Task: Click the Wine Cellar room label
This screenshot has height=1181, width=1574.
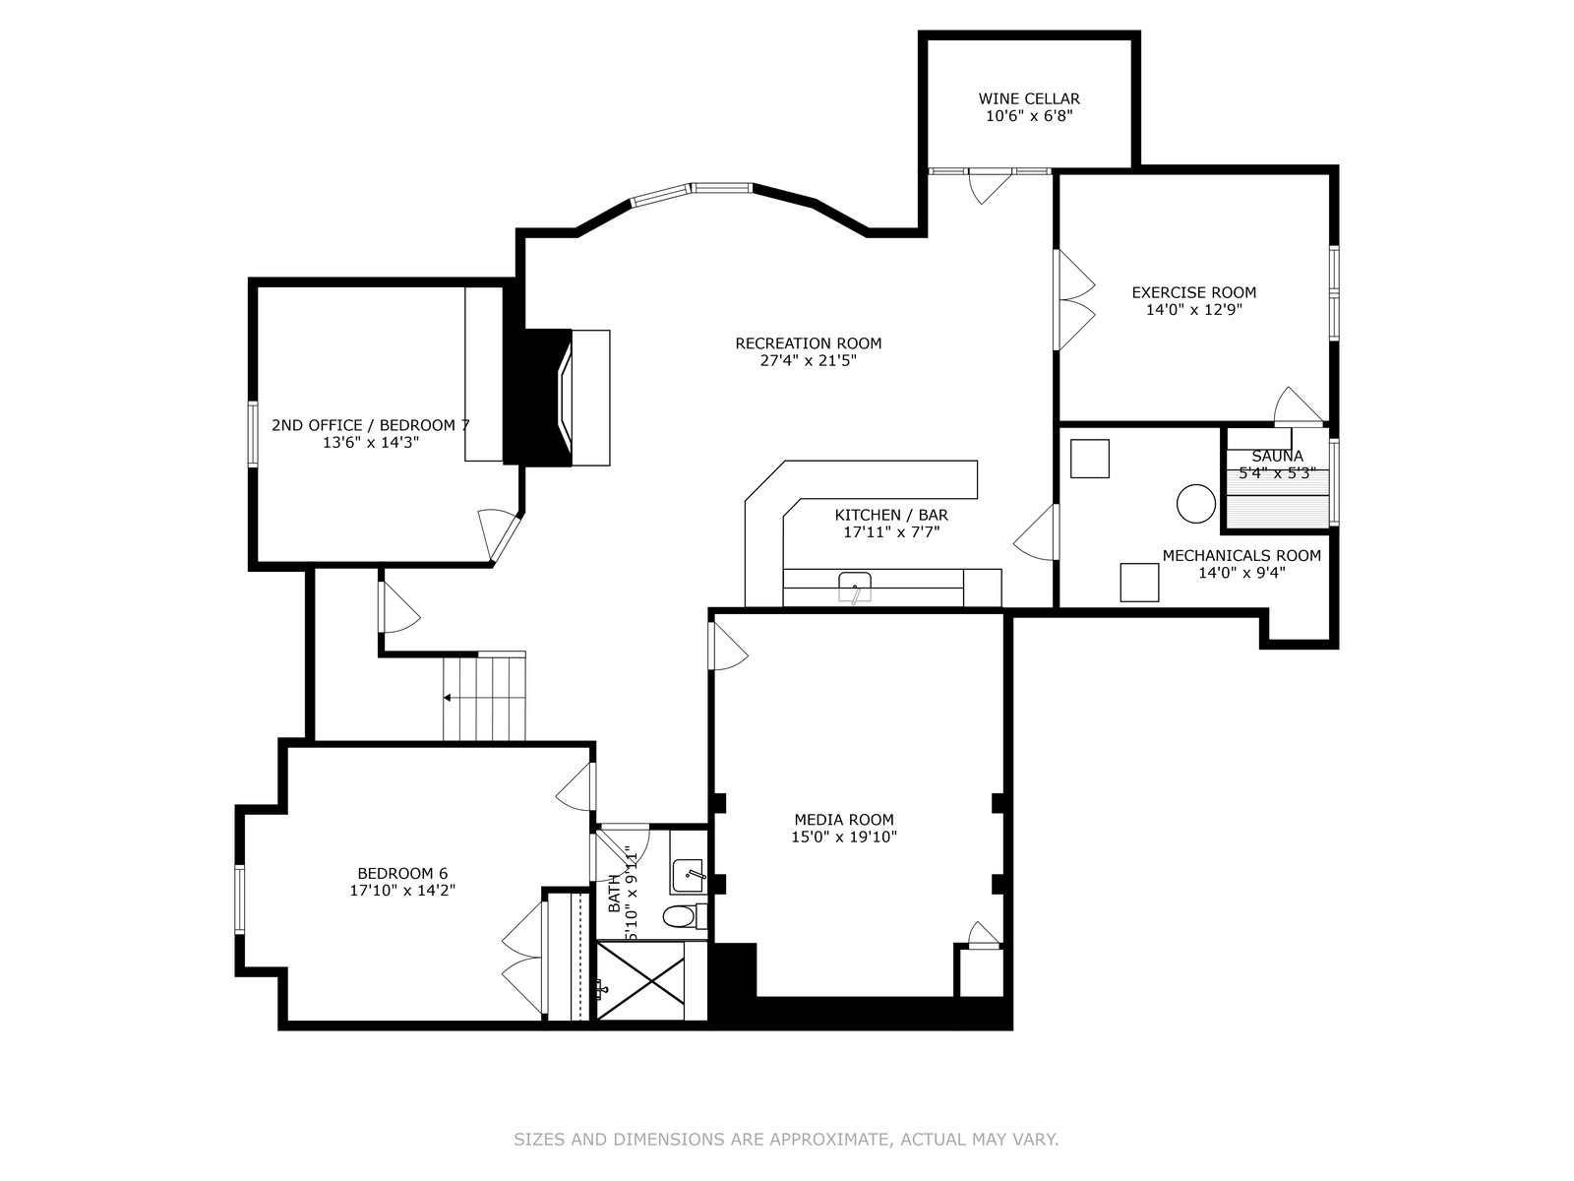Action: [x=1029, y=98]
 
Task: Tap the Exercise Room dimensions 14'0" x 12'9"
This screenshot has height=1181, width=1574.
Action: [x=1194, y=310]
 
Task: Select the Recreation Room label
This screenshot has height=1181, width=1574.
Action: [x=809, y=343]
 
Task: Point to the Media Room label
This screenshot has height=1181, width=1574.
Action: [x=844, y=819]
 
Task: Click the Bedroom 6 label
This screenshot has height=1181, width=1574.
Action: [x=402, y=873]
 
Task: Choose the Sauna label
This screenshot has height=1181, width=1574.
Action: [x=1277, y=456]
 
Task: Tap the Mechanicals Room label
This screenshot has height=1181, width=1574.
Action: [x=1241, y=556]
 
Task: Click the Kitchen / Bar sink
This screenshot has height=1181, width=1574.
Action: [x=855, y=588]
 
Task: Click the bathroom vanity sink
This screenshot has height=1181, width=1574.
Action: [x=688, y=876]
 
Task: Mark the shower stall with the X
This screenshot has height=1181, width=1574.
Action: [x=640, y=981]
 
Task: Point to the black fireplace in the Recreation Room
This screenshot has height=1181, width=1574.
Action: [x=538, y=398]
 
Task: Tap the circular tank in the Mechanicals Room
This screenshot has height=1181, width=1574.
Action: [x=1196, y=503]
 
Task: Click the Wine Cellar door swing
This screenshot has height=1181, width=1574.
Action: [x=989, y=187]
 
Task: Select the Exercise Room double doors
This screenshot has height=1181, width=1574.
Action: [x=1075, y=300]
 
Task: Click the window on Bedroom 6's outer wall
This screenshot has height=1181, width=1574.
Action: [x=239, y=900]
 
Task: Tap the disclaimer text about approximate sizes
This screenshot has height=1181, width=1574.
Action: [x=786, y=1139]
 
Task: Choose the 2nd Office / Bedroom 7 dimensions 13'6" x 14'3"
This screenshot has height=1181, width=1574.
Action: [x=371, y=443]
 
